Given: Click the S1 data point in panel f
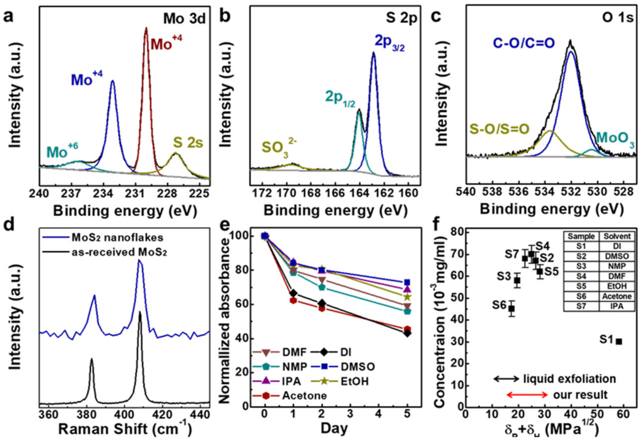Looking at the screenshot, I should tap(619, 342).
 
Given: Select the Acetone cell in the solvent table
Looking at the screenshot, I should tap(617, 296).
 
